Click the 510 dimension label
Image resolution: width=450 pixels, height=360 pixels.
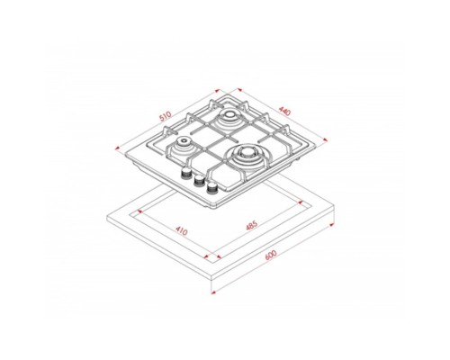pyautogui.click(x=166, y=116)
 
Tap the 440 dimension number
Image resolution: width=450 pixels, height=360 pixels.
pyautogui.click(x=284, y=111)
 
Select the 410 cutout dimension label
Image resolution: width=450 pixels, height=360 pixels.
pyautogui.click(x=182, y=231)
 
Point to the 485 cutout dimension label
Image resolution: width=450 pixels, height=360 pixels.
pyautogui.click(x=251, y=226)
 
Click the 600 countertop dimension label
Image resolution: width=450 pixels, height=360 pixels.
pyautogui.click(x=271, y=255)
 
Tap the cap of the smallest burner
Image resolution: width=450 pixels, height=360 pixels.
pyautogui.click(x=183, y=140)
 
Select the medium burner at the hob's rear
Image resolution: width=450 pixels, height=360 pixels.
pyautogui.click(x=229, y=116)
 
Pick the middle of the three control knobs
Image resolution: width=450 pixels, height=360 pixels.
pyautogui.click(x=199, y=180)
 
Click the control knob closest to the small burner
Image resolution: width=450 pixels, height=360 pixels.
pyautogui.click(x=186, y=173)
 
